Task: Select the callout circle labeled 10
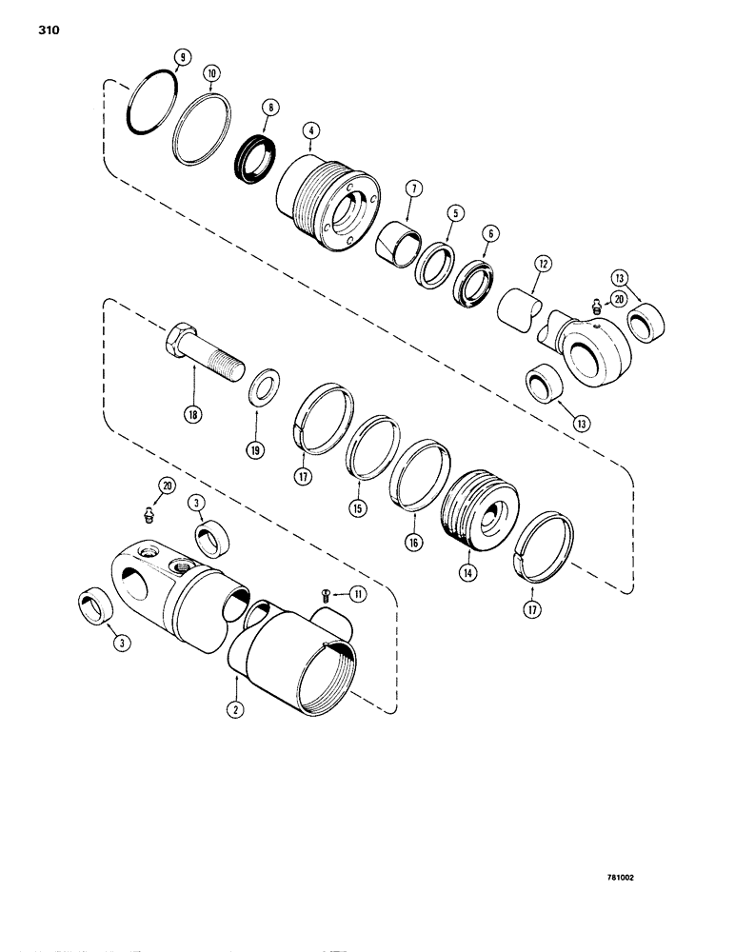[210, 73]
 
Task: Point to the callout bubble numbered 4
[309, 129]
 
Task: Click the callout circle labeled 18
[195, 415]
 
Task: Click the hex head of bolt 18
[180, 341]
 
